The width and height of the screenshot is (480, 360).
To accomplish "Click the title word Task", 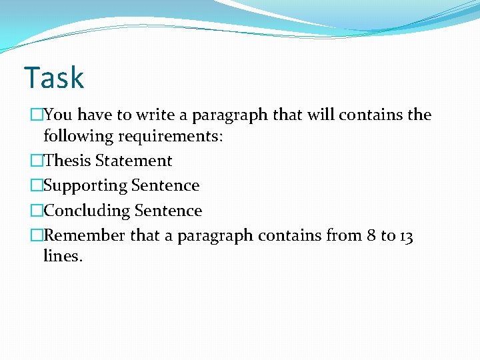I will (x=54, y=78).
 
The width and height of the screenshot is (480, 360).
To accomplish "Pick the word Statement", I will (x=133, y=161).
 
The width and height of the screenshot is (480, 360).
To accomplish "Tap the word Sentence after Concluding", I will (x=168, y=211).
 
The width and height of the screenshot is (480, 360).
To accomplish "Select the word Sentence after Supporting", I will (x=165, y=186).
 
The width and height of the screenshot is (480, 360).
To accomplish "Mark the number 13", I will (x=406, y=236).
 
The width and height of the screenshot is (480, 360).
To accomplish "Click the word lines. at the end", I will (x=63, y=257).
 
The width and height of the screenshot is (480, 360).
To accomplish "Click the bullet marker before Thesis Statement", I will (x=36, y=161).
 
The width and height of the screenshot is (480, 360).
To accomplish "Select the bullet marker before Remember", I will (x=36, y=236).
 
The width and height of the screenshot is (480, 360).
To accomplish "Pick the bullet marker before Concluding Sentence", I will (x=36, y=211).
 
